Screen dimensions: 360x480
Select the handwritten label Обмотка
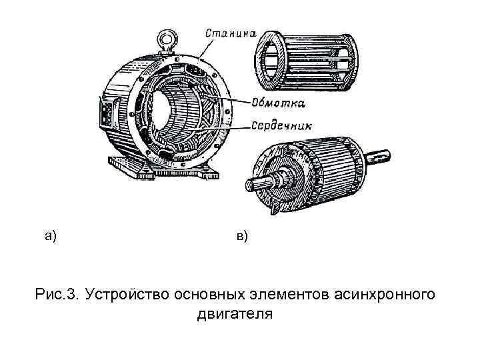pos(279,103)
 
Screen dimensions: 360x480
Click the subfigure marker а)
pos(51,234)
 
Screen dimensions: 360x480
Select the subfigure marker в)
pos(241,235)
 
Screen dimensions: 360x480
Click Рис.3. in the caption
pos(57,293)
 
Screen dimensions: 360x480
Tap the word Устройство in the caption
pos(127,293)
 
